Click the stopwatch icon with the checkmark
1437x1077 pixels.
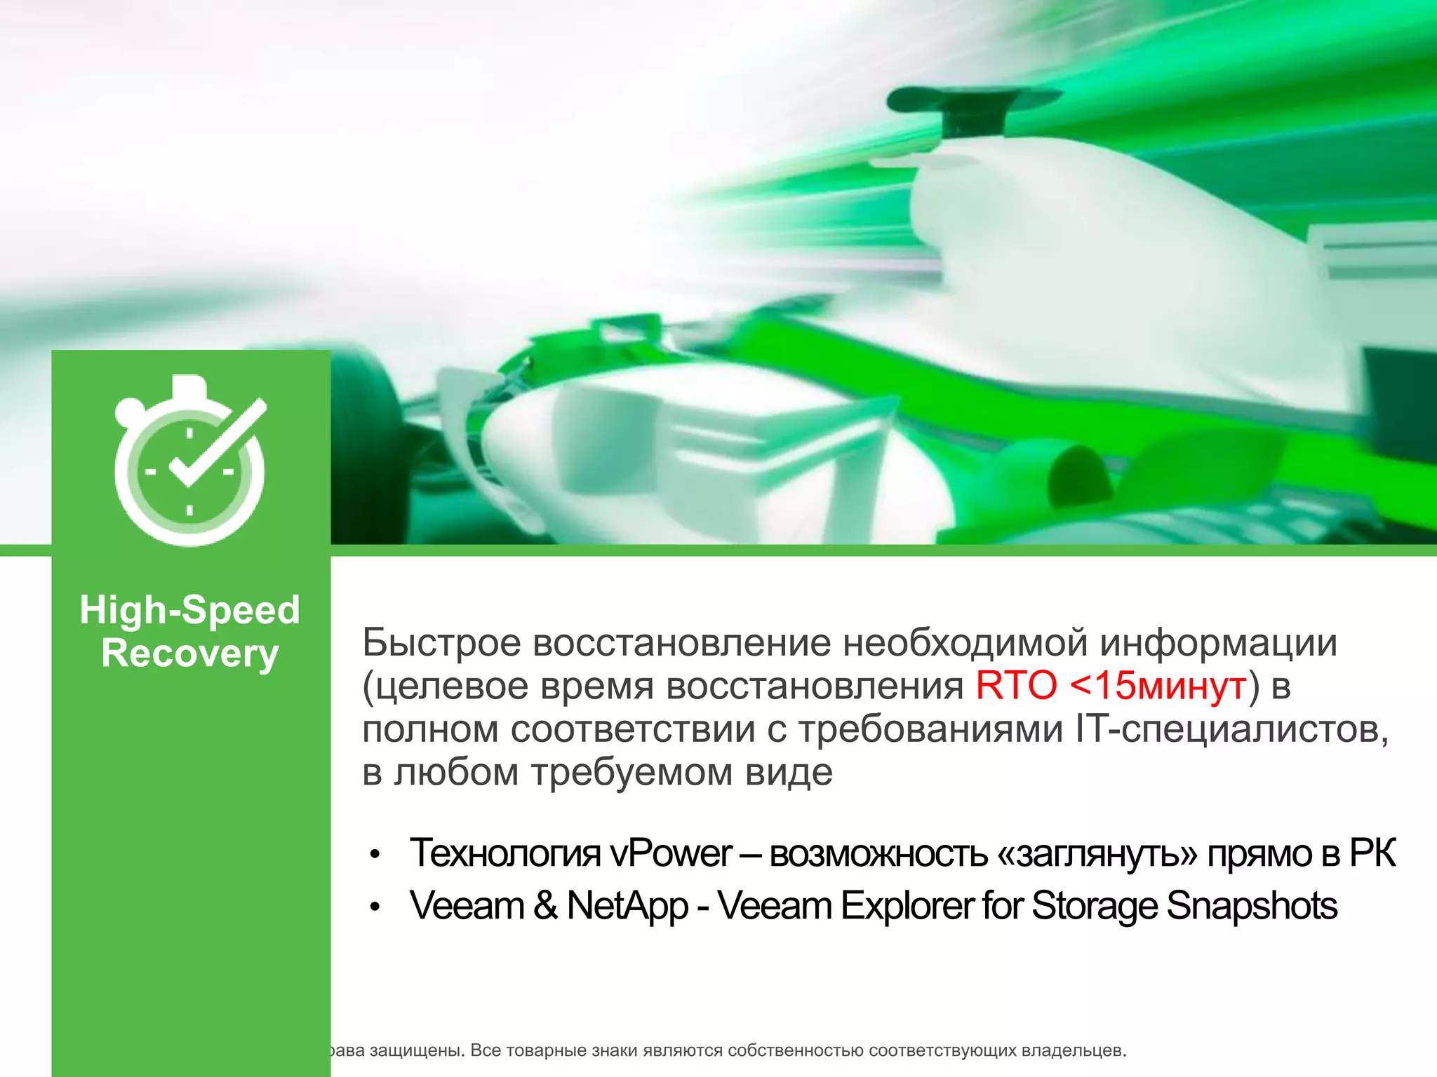189,463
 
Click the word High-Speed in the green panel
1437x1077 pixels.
189,610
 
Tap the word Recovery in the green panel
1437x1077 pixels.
189,653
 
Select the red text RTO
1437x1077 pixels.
1015,686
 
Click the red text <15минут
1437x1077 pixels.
1158,686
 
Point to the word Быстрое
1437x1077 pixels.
441,642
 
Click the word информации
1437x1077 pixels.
1218,642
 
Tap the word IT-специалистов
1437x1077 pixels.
1231,729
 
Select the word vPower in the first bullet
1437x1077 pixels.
670,853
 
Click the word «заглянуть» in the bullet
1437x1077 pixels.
1097,853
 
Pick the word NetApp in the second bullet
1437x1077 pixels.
627,905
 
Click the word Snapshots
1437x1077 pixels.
1252,905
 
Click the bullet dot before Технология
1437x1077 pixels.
375,855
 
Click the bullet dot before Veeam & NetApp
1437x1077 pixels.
375,907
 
